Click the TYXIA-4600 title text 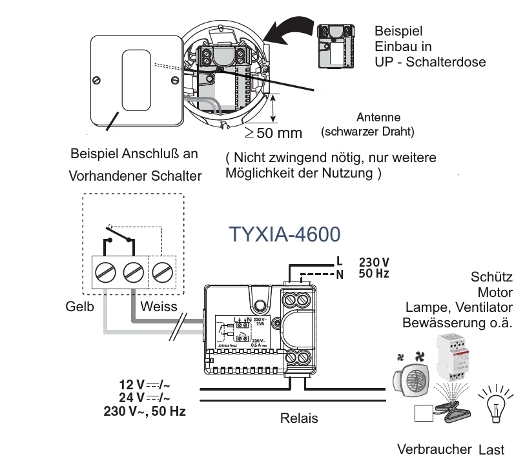(284, 234)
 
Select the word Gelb (80, 307)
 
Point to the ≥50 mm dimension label (273, 134)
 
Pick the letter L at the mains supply (339, 262)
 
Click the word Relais (299, 418)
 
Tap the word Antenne (378, 117)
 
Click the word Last (492, 449)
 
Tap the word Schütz (492, 278)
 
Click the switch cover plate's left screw (97, 80)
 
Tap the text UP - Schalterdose (429, 62)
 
